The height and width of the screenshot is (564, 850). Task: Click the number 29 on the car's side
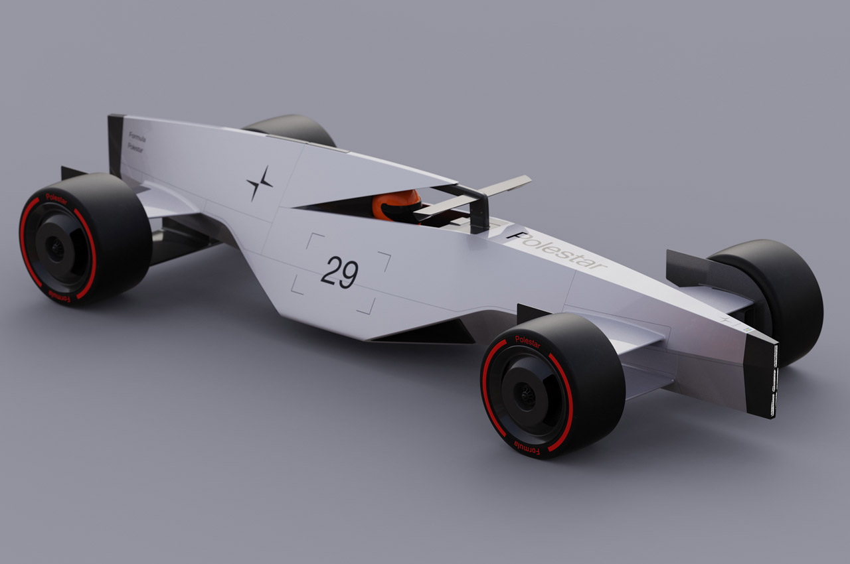339,273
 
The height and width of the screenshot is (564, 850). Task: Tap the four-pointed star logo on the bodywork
259,183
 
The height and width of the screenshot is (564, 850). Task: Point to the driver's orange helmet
396,205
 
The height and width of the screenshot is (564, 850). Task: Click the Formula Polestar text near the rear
135,145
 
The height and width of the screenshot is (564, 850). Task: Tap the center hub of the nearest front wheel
527,395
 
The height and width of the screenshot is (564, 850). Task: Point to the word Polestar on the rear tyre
56,197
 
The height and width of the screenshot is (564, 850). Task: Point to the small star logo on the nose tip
725,319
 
